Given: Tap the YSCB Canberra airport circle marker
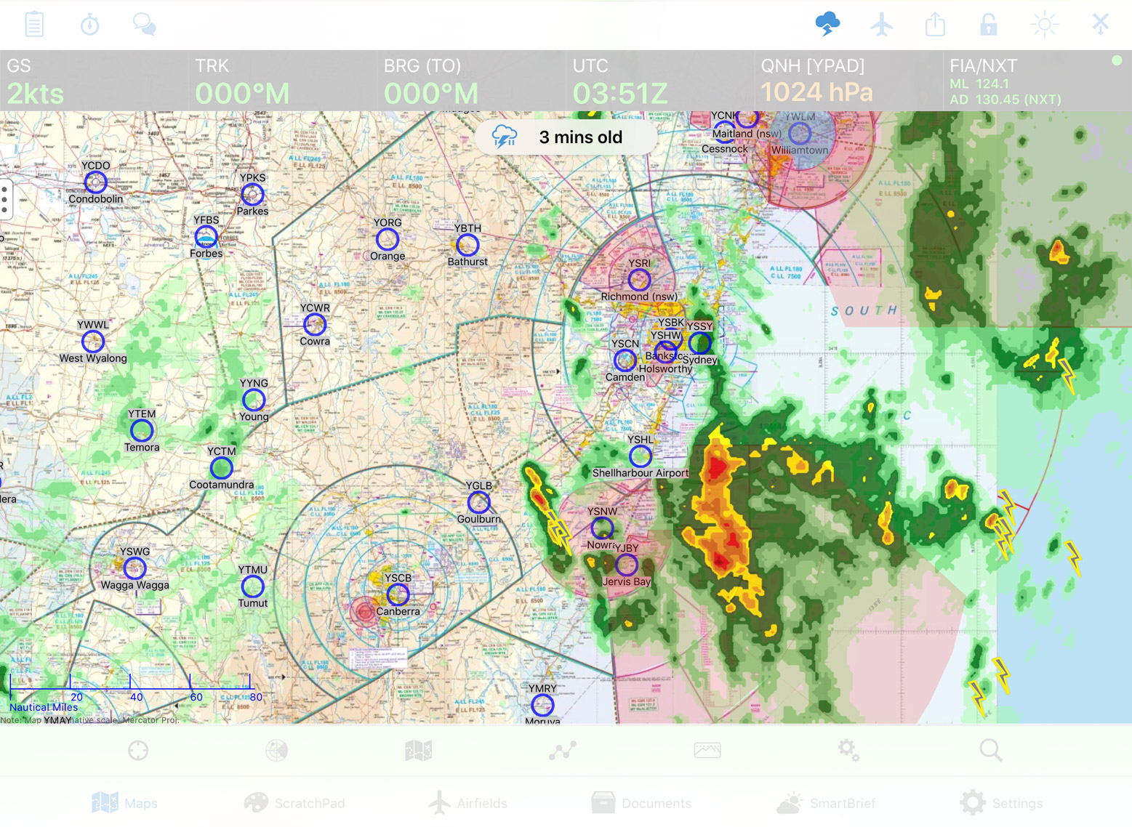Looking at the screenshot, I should (398, 594).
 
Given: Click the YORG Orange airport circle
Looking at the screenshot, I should (388, 239).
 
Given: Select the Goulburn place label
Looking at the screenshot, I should (478, 519).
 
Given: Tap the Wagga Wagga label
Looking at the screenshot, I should (135, 585).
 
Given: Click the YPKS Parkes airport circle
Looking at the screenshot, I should (252, 194).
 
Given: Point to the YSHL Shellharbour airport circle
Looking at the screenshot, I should (641, 456).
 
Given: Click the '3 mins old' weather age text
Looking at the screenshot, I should (580, 137).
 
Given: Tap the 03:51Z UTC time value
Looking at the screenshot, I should (619, 93).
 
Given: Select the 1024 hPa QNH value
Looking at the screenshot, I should (816, 92).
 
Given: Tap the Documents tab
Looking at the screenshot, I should (641, 803).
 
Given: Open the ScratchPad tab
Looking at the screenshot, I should (294, 803).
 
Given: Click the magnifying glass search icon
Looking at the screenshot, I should (990, 750).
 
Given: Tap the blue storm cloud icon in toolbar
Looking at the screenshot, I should (827, 24).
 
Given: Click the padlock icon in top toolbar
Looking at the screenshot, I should (989, 25).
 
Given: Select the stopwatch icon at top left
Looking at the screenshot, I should (90, 25).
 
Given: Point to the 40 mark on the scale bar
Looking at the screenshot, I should (136, 697).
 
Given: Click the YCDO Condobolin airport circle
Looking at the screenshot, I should (95, 182).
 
